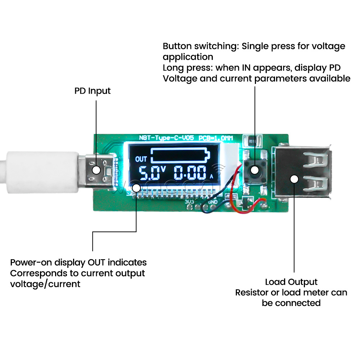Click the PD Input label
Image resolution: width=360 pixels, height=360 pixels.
tap(93, 91)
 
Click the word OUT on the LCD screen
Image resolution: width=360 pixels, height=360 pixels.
tap(141, 159)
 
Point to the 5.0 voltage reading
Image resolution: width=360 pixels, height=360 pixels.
tap(148, 174)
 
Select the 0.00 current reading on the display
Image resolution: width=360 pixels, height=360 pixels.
tap(190, 174)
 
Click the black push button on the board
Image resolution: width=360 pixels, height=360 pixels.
tap(255, 169)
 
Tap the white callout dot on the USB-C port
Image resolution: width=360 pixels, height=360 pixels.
tap(96, 170)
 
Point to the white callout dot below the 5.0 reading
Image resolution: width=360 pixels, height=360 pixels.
tap(136, 188)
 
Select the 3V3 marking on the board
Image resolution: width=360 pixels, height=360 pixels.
tap(189, 202)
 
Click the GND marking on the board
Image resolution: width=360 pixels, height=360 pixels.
tap(212, 202)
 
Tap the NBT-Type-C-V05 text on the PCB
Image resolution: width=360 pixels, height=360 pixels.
tap(167, 138)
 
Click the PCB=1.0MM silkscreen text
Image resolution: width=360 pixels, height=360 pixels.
tap(216, 138)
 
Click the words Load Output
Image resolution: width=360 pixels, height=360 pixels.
tap(291, 282)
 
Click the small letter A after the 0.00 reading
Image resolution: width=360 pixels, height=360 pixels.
tap(212, 177)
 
